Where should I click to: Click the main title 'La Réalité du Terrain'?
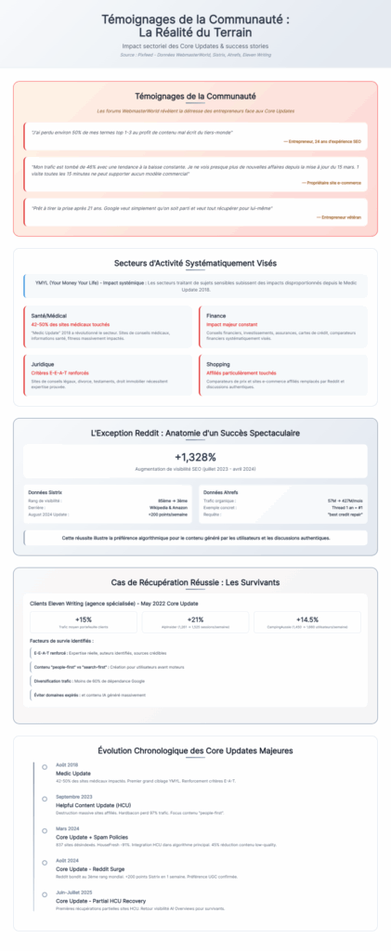pos(195,32)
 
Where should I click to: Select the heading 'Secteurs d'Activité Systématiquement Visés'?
pos(195,263)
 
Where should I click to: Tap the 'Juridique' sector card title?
pos(43,364)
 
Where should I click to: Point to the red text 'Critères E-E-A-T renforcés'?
pos(58,372)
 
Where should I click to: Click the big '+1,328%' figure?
pos(195,456)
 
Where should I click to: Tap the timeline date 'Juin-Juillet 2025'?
pos(74,892)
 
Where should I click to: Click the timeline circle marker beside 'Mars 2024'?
pos(44,829)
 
